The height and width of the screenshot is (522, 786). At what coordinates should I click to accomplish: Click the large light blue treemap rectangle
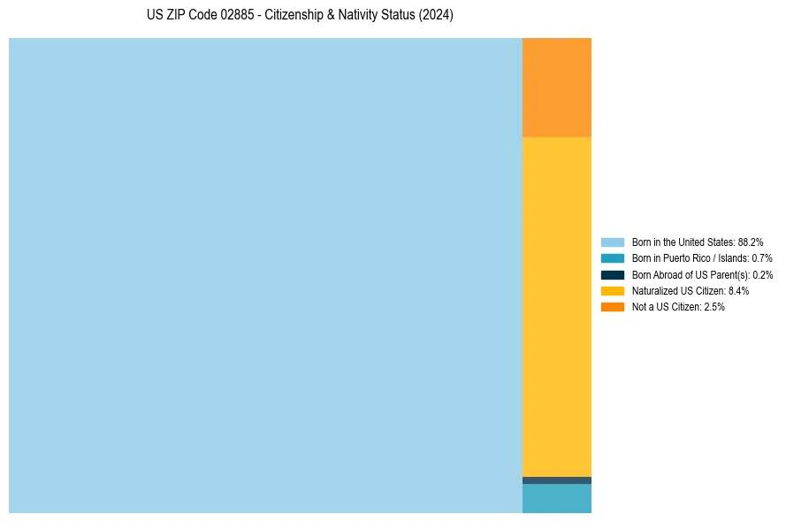(x=265, y=275)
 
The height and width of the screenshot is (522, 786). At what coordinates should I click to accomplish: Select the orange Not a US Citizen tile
(x=557, y=87)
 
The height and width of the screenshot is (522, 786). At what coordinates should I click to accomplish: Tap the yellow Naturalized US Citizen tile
(x=557, y=306)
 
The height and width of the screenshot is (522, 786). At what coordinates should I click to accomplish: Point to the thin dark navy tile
(x=557, y=480)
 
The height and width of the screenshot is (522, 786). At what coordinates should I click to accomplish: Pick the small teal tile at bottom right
(x=557, y=498)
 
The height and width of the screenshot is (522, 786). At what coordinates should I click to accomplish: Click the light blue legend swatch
(x=612, y=242)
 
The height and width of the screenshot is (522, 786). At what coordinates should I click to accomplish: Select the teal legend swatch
(x=612, y=258)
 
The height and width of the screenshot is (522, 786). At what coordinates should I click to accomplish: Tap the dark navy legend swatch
(x=612, y=274)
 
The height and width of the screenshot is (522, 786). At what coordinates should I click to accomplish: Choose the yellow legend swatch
(x=612, y=290)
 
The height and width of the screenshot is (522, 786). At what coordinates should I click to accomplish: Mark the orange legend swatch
(x=612, y=306)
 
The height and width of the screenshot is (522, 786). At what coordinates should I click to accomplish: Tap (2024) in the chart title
(x=436, y=16)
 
